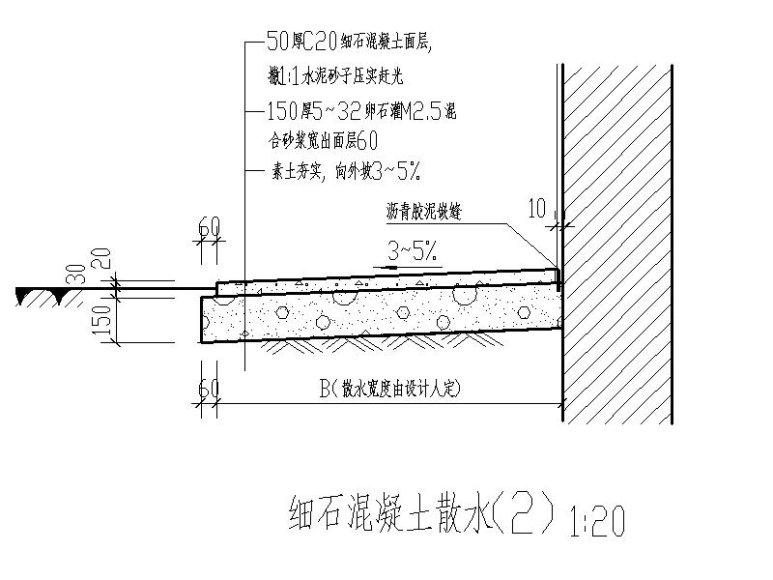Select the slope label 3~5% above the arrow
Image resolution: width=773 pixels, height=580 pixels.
(415, 252)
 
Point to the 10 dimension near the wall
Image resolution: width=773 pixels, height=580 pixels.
(539, 206)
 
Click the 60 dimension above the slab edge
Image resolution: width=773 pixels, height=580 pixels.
(209, 227)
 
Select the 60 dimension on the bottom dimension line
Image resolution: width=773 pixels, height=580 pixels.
(209, 389)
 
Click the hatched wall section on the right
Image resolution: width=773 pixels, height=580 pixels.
(617, 242)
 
